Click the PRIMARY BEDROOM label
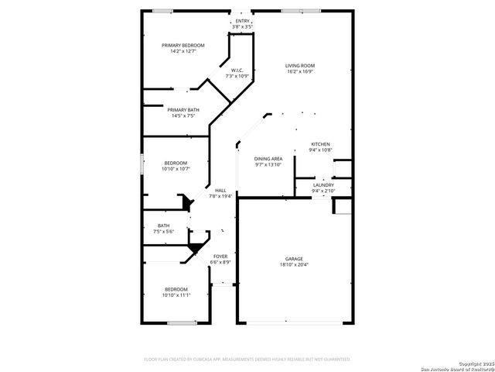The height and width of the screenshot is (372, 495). (x=183, y=46)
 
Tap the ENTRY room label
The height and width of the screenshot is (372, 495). (x=243, y=21)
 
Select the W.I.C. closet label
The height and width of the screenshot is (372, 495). (x=236, y=71)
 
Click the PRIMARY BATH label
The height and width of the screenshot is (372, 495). (x=183, y=110)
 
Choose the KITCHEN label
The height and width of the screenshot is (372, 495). (x=320, y=144)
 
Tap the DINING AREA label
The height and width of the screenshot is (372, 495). (x=268, y=159)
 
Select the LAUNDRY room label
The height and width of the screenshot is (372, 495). (x=323, y=185)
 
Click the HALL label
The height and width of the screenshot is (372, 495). (x=220, y=191)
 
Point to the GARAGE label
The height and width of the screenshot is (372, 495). (x=293, y=259)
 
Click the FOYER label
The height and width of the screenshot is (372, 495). (x=220, y=257)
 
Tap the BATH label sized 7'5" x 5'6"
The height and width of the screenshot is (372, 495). (x=163, y=226)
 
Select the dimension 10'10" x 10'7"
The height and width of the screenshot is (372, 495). (x=176, y=168)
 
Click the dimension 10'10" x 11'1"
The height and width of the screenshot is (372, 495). (x=176, y=295)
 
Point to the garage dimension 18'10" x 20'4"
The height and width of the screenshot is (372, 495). (x=293, y=265)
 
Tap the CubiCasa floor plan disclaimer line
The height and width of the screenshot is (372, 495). (x=247, y=360)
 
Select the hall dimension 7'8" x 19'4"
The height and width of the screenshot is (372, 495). (x=220, y=196)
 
